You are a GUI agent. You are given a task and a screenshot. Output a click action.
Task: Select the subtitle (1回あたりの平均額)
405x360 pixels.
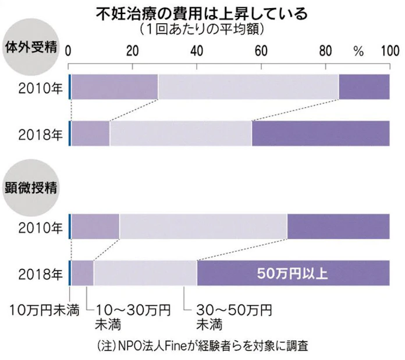(202, 28)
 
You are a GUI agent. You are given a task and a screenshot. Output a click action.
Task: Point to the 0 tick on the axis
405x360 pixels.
(69, 51)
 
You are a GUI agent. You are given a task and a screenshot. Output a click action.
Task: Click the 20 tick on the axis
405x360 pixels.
(133, 51)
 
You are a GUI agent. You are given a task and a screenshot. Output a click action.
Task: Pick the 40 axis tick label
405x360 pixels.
(197, 51)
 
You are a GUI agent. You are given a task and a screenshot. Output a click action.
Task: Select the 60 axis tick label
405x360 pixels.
(261, 51)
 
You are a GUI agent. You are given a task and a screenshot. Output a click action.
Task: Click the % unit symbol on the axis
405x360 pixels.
(358, 51)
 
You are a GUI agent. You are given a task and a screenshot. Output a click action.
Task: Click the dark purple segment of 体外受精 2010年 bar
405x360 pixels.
(364, 87)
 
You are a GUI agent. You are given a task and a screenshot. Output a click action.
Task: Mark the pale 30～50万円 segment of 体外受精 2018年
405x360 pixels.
(180, 134)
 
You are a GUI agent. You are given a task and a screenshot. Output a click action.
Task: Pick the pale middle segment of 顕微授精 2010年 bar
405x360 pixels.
(203, 226)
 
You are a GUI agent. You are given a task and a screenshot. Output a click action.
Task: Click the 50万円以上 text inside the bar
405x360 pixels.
(293, 273)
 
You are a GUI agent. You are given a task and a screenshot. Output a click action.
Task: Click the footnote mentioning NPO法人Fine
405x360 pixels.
(202, 345)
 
